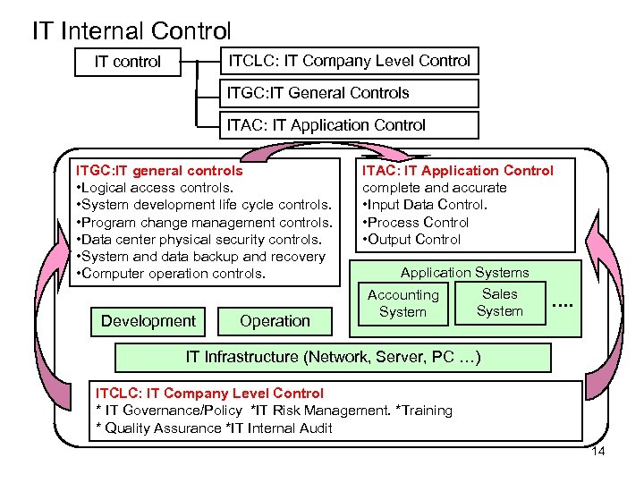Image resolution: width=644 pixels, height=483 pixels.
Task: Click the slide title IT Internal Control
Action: pyautogui.click(x=131, y=30)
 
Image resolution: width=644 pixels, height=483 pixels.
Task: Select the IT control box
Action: pyautogui.click(x=128, y=62)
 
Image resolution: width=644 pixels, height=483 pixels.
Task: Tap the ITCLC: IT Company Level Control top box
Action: pyautogui.click(x=349, y=61)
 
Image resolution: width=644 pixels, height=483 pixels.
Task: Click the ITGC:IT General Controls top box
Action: pyautogui.click(x=349, y=93)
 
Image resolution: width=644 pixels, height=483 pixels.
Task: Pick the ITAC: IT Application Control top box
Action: pyautogui.click(x=349, y=125)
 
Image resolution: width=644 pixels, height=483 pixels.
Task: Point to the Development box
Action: pyautogui.click(x=148, y=321)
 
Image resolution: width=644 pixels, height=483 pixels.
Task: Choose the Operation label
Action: pyautogui.click(x=275, y=321)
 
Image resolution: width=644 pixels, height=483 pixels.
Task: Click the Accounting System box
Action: pyautogui.click(x=403, y=303)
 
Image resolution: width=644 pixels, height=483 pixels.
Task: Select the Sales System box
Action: pyautogui.click(x=499, y=302)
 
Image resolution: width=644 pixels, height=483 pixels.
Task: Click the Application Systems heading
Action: pyautogui.click(x=464, y=272)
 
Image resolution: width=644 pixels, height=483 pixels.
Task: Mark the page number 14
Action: pyautogui.click(x=598, y=451)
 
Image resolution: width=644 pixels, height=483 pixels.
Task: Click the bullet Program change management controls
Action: pyautogui.click(x=207, y=222)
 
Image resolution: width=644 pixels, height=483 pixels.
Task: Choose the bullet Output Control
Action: pyautogui.click(x=414, y=239)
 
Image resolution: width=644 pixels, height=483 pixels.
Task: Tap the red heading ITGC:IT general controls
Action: pyautogui.click(x=159, y=170)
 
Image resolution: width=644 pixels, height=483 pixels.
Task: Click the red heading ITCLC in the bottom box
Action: pyautogui.click(x=209, y=393)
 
